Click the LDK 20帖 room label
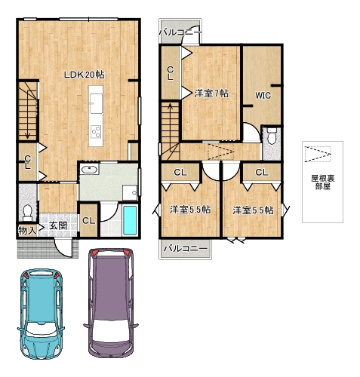click(84, 75)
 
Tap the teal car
click(41, 314)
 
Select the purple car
click(111, 304)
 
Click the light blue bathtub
click(130, 220)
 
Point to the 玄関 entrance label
click(58, 225)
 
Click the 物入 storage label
click(27, 231)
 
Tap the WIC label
click(263, 96)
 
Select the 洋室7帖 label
click(211, 93)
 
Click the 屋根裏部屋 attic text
click(323, 182)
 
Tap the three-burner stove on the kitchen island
click(96, 132)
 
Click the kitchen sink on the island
click(96, 103)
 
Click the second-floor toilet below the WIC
click(272, 136)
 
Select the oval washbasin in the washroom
click(89, 170)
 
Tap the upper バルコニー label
click(180, 32)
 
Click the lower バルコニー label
click(186, 249)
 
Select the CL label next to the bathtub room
click(89, 221)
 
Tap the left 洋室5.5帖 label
click(190, 210)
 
